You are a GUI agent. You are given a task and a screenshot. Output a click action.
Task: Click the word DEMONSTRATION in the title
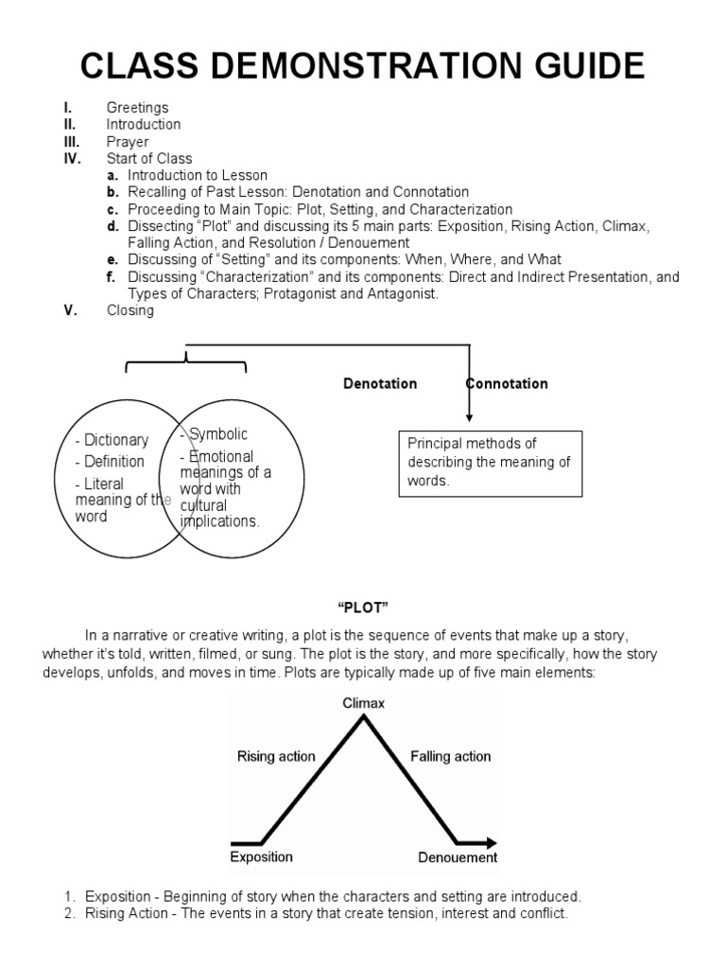pyautogui.click(x=362, y=68)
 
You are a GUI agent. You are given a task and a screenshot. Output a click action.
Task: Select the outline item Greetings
pyautogui.click(x=137, y=108)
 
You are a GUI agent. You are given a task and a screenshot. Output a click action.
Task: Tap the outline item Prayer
pyautogui.click(x=128, y=141)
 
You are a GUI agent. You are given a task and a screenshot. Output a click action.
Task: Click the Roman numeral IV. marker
pyautogui.click(x=73, y=158)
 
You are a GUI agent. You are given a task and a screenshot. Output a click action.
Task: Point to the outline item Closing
pyautogui.click(x=130, y=310)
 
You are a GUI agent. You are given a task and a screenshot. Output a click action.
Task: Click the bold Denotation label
pyautogui.click(x=379, y=384)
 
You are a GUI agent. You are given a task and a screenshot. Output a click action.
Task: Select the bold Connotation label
pyautogui.click(x=507, y=384)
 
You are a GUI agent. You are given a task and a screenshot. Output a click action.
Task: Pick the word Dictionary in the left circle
pyautogui.click(x=115, y=440)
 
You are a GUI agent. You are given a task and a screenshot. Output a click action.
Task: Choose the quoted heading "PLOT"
pyautogui.click(x=364, y=607)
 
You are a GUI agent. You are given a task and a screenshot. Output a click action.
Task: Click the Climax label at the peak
pyautogui.click(x=364, y=703)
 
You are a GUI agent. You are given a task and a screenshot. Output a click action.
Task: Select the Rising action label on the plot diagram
pyautogui.click(x=276, y=756)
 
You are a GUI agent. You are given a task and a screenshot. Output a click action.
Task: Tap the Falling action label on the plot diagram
pyautogui.click(x=451, y=756)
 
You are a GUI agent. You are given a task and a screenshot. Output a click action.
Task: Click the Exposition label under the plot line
pyautogui.click(x=261, y=857)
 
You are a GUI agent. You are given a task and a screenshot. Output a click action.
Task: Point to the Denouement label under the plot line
pyautogui.click(x=458, y=858)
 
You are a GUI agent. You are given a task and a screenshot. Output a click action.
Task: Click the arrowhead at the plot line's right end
pyautogui.click(x=490, y=841)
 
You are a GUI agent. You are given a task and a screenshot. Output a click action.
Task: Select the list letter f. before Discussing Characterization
pyautogui.click(x=111, y=277)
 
